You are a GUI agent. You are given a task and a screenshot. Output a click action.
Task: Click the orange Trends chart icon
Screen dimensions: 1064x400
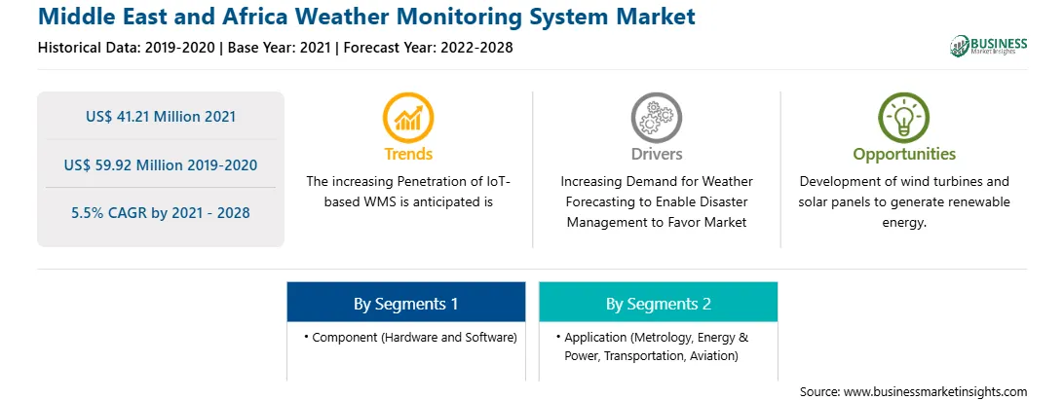(x=408, y=118)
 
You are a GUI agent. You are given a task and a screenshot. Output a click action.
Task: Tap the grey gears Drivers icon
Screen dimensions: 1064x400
(x=656, y=118)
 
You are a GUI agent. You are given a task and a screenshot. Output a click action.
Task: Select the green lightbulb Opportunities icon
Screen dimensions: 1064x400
(x=904, y=118)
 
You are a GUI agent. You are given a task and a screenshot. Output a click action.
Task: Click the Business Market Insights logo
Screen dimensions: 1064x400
(x=988, y=46)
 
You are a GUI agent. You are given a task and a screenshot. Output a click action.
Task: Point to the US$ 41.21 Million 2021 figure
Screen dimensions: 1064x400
(x=161, y=117)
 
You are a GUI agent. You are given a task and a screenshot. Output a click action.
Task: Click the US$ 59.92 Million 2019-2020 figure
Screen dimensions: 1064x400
(x=161, y=164)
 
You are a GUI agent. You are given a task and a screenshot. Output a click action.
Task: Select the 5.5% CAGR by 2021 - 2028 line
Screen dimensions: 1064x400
(x=161, y=213)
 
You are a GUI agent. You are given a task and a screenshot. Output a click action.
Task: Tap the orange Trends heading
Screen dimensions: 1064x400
(x=408, y=154)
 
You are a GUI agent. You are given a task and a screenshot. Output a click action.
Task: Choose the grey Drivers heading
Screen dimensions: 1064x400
(x=656, y=154)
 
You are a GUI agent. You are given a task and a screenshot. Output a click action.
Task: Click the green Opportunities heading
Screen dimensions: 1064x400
(x=904, y=154)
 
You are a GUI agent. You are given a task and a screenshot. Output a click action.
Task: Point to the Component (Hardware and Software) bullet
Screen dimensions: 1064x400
(x=410, y=337)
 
